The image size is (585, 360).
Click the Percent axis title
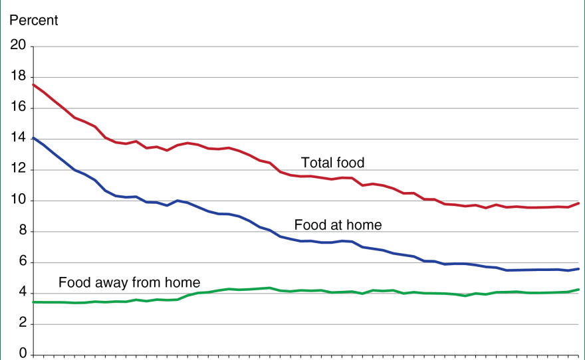pyautogui.click(x=33, y=21)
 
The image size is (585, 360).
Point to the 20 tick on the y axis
pyautogui.click(x=18, y=46)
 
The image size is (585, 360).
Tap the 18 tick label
pyautogui.click(x=18, y=77)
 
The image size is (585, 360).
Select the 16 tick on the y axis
pyautogui.click(x=18, y=108)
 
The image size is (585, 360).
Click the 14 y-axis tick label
pyautogui.click(x=18, y=139)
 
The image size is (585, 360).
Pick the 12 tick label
pyautogui.click(x=18, y=170)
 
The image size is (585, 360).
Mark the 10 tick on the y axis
pyautogui.click(x=18, y=201)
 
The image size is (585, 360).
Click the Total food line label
pyautogui.click(x=332, y=163)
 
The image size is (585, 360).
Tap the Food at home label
pyautogui.click(x=338, y=225)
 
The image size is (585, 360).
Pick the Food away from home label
pyautogui.click(x=129, y=282)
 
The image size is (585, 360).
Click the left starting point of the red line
pyautogui.click(x=33, y=85)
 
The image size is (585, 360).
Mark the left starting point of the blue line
pyautogui.click(x=33, y=138)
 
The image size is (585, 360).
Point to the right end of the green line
pyautogui.click(x=578, y=290)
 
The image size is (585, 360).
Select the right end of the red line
pyautogui.click(x=578, y=203)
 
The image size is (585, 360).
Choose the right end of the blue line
pyautogui.click(x=578, y=269)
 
